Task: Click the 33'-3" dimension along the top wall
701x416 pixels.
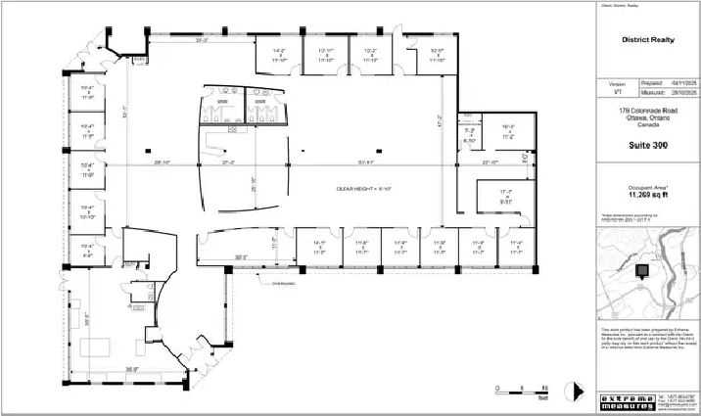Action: pyautogui.click(x=202, y=41)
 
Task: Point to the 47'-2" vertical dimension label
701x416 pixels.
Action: pyautogui.click(x=440, y=124)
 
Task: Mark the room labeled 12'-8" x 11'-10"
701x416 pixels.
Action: pyautogui.click(x=409, y=55)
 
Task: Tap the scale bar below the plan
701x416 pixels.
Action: pyautogui.click(x=521, y=390)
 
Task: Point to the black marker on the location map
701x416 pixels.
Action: pyautogui.click(x=643, y=271)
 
